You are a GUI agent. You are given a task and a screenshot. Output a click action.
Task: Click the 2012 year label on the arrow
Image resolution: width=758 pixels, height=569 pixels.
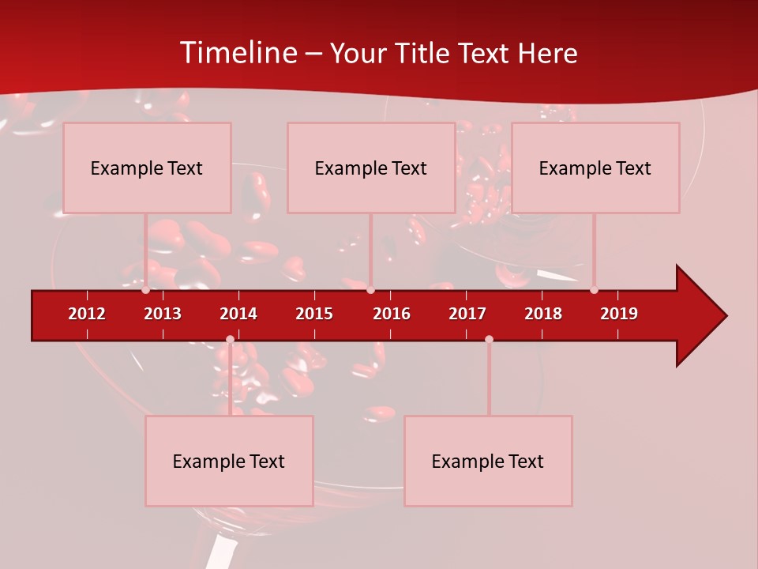87,314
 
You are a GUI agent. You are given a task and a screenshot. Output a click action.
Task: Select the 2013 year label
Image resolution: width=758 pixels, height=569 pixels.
163,314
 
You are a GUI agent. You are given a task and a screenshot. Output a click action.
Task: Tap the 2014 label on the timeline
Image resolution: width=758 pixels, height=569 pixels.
238,314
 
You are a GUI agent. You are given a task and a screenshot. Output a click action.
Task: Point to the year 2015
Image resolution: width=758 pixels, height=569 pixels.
314,314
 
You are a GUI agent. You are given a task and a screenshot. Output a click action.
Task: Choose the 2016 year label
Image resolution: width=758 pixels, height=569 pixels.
392,314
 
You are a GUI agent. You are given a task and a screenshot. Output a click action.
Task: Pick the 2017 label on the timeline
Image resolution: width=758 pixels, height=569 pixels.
467,314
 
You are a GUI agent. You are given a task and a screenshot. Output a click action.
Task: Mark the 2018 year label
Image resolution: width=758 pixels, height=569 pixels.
543,314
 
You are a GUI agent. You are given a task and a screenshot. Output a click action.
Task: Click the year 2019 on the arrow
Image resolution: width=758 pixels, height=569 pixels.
619,314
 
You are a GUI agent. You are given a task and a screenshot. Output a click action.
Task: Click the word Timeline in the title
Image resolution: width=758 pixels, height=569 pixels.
237,53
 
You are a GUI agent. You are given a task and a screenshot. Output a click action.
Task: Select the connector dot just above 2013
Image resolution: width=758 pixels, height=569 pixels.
146,290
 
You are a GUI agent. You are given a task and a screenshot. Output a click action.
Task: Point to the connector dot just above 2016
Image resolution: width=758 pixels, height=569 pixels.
370,290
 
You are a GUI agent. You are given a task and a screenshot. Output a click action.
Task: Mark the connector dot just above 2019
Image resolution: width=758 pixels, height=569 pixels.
594,290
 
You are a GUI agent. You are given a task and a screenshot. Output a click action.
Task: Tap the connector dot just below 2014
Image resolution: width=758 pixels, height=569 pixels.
230,340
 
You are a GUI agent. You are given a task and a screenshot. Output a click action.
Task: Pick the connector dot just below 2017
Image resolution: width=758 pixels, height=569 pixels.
489,340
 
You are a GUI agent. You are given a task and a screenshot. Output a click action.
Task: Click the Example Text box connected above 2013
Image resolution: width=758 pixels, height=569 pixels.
147,168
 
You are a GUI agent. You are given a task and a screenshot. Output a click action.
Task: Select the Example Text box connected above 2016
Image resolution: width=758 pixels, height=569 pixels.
371,168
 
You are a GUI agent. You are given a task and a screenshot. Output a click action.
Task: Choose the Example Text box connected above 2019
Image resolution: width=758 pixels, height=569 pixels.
595,168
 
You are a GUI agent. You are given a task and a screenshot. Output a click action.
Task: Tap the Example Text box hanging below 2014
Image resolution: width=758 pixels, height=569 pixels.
229,461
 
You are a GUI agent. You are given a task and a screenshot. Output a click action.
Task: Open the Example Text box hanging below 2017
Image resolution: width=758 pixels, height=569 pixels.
488,461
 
